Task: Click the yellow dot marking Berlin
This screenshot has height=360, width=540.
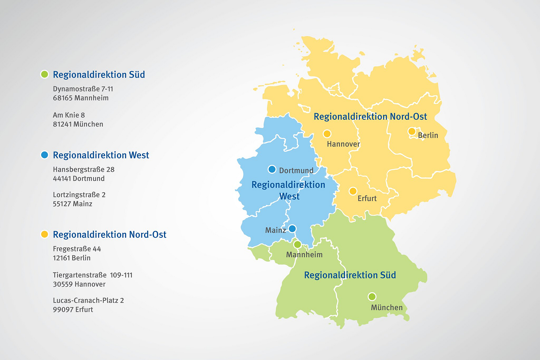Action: tap(412, 131)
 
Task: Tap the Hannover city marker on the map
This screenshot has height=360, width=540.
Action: tap(327, 134)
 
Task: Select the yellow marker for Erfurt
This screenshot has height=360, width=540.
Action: tap(353, 191)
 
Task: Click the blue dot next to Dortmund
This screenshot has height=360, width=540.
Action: tap(272, 169)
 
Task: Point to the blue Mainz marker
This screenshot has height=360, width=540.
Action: tap(292, 229)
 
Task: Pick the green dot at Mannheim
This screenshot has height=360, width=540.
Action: tap(297, 244)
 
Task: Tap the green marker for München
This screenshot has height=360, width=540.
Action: tap(372, 296)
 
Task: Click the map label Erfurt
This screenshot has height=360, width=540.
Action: tap(367, 199)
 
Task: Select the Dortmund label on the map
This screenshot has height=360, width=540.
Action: tap(296, 170)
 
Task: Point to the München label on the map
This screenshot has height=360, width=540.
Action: tap(387, 308)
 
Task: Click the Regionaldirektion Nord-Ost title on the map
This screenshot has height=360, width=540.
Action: tap(370, 116)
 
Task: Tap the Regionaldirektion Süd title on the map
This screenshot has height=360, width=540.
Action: tap(350, 275)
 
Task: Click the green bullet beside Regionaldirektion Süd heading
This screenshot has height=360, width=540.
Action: tap(44, 74)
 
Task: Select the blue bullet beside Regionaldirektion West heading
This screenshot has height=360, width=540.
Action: tap(44, 155)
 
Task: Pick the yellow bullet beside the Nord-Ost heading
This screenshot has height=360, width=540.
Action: tap(44, 234)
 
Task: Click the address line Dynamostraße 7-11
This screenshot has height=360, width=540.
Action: tap(83, 89)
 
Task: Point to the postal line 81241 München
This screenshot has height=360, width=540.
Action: tap(78, 124)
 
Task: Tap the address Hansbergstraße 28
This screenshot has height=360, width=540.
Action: tap(84, 169)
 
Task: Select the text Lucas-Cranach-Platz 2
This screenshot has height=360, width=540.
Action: tap(88, 300)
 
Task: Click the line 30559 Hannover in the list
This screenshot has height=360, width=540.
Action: tap(79, 284)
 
